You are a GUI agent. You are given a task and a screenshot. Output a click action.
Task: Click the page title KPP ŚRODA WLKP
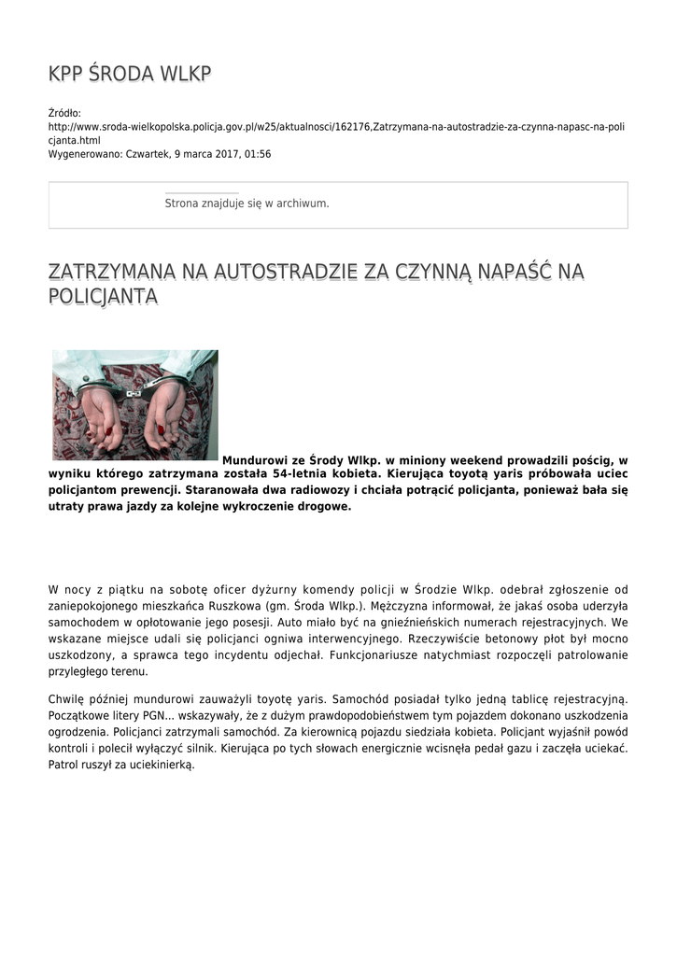pyautogui.click(x=130, y=75)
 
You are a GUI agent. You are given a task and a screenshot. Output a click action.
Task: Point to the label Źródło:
pyautogui.click(x=64, y=113)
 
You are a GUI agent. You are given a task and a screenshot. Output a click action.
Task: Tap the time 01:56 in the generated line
pyautogui.click(x=258, y=154)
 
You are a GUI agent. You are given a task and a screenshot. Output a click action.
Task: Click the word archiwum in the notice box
pyautogui.click(x=305, y=203)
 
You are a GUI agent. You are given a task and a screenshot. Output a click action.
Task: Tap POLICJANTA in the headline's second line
pyautogui.click(x=103, y=297)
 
